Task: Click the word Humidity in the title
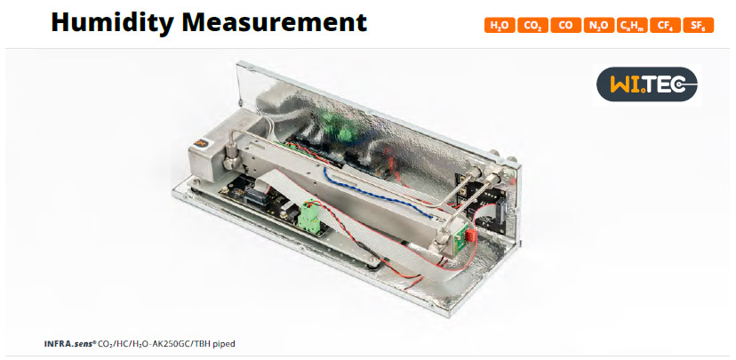(x=112, y=22)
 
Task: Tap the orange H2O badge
(x=500, y=26)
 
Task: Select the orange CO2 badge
(x=532, y=26)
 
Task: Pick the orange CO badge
(x=565, y=26)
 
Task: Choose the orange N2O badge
(x=599, y=26)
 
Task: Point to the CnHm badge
(x=632, y=26)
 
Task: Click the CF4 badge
(x=665, y=26)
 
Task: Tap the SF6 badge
(x=699, y=26)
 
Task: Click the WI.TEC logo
(x=647, y=84)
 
